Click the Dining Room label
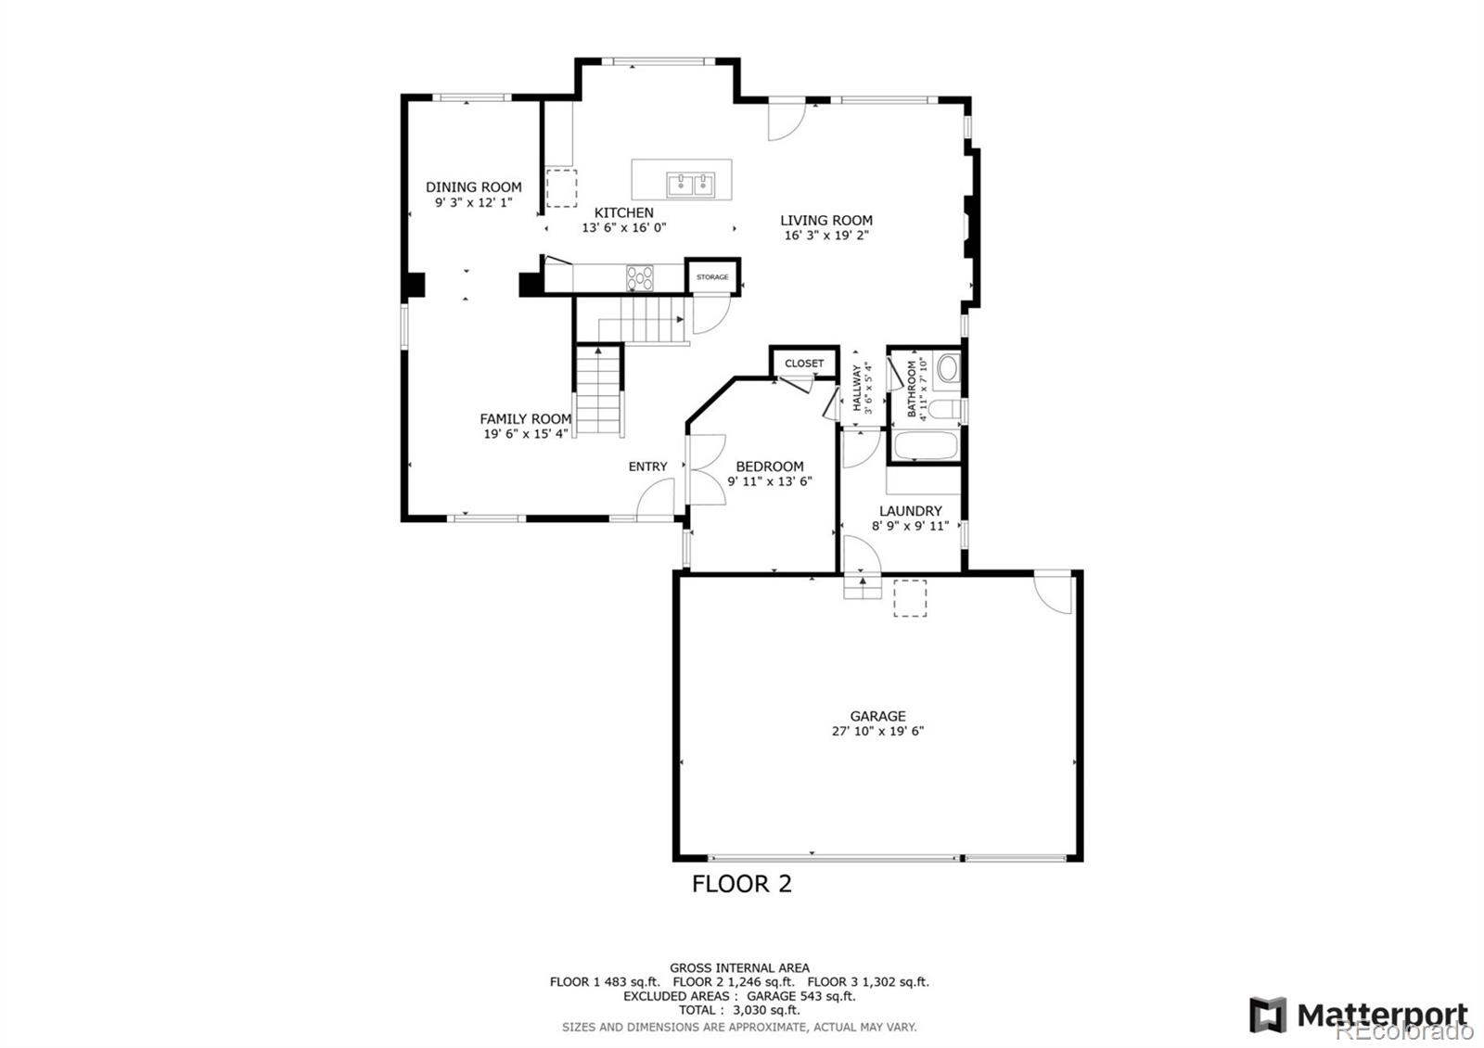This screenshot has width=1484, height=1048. (x=473, y=187)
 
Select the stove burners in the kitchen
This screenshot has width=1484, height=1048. (x=639, y=277)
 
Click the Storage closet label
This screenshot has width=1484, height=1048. (x=712, y=277)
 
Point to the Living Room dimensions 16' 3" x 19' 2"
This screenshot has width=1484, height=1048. (x=825, y=236)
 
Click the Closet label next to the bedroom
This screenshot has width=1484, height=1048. (x=803, y=364)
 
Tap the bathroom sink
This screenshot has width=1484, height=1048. (x=948, y=368)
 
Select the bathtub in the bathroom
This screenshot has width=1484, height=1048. (x=925, y=446)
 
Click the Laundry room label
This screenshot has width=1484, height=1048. (x=910, y=511)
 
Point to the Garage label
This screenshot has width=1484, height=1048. (x=877, y=716)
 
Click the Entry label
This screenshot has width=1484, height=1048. (x=647, y=466)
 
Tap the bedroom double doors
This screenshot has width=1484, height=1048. (x=705, y=469)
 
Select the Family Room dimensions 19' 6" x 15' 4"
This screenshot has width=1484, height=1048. (x=525, y=434)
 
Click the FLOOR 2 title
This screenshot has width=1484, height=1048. (x=741, y=884)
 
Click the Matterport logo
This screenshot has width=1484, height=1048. (x=1359, y=1015)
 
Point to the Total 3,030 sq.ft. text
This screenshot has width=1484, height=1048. (x=738, y=1010)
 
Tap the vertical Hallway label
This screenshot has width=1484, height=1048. (x=857, y=388)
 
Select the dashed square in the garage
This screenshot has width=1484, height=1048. (x=910, y=598)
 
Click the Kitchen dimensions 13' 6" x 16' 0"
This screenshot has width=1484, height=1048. (x=623, y=228)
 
